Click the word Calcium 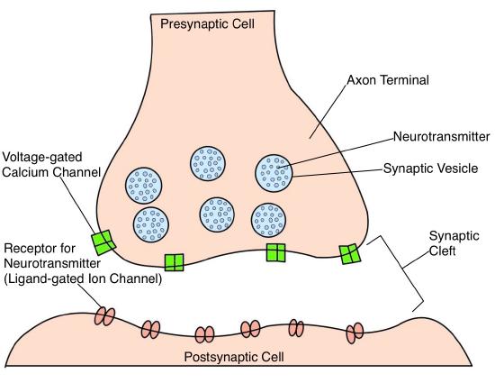29,173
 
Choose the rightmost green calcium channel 350,255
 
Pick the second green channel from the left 174,262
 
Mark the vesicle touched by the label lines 274,171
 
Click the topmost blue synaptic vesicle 207,163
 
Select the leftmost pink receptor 106,315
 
